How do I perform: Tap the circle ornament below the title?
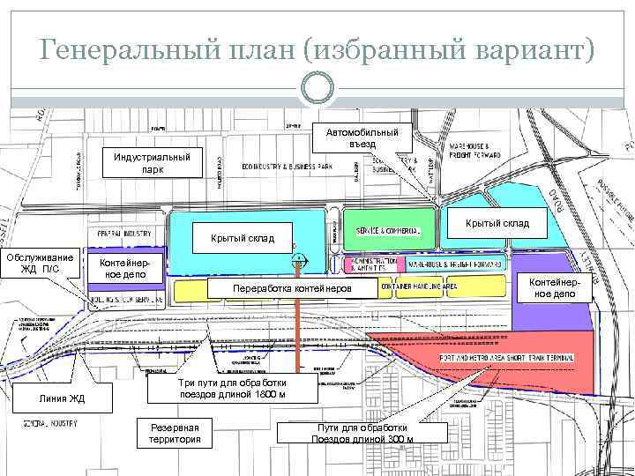[x=317, y=87]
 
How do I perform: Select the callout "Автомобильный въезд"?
[x=362, y=138]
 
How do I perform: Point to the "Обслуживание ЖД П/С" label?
[x=41, y=262]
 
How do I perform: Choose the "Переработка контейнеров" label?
[x=291, y=289]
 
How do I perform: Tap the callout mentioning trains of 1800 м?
[x=232, y=389]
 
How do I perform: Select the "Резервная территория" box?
[x=176, y=433]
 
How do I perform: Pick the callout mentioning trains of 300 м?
[x=362, y=433]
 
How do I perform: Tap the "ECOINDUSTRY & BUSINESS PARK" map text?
[x=290, y=166]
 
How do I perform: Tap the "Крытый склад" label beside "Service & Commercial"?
[x=497, y=223]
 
